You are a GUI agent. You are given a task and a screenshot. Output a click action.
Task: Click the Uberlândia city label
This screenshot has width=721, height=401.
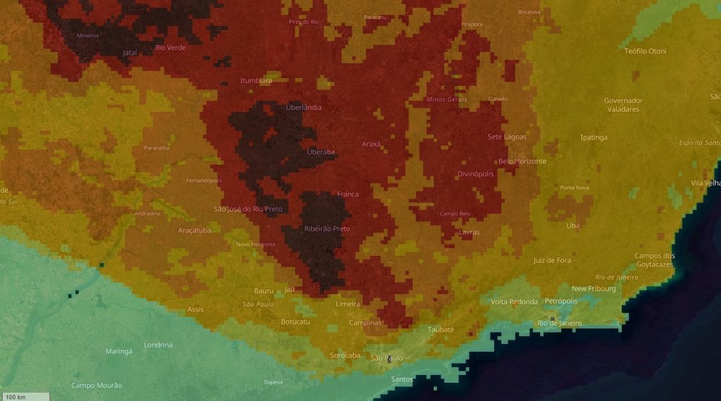tap(303, 108)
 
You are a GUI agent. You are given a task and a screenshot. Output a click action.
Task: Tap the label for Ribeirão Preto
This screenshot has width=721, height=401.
tap(327, 229)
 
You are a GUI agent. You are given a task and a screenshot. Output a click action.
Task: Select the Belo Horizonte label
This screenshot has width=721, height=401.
tap(522, 161)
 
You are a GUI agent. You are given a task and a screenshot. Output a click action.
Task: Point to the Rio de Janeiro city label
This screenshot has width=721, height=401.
tap(559, 323)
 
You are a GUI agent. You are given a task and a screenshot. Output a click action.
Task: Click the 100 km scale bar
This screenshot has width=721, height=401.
tap(25, 396)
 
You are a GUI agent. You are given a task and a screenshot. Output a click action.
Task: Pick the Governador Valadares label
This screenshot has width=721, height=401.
tap(623, 105)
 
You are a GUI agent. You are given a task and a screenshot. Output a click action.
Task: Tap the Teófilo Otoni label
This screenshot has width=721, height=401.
tap(645, 51)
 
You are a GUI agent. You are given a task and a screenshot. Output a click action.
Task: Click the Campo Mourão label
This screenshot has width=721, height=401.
tap(97, 386)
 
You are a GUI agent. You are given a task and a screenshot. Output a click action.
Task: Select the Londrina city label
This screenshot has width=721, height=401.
tap(158, 345)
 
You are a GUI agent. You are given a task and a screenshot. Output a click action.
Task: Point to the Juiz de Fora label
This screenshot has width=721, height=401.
tap(552, 260)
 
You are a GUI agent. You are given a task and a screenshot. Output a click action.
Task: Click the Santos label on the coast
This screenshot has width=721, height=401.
tap(402, 380)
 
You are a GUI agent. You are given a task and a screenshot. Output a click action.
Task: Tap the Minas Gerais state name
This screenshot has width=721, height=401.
tap(446, 99)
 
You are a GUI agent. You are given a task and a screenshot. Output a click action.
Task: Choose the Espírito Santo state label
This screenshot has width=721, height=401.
tap(700, 143)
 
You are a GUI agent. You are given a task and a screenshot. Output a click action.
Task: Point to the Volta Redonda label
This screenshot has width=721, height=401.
tap(513, 302)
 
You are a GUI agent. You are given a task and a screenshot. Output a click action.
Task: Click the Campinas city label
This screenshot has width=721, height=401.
tap(366, 323)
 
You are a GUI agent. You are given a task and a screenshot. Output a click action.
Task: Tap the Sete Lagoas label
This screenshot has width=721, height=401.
tap(507, 136)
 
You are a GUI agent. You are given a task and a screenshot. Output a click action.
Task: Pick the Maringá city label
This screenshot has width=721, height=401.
tap(119, 351)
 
